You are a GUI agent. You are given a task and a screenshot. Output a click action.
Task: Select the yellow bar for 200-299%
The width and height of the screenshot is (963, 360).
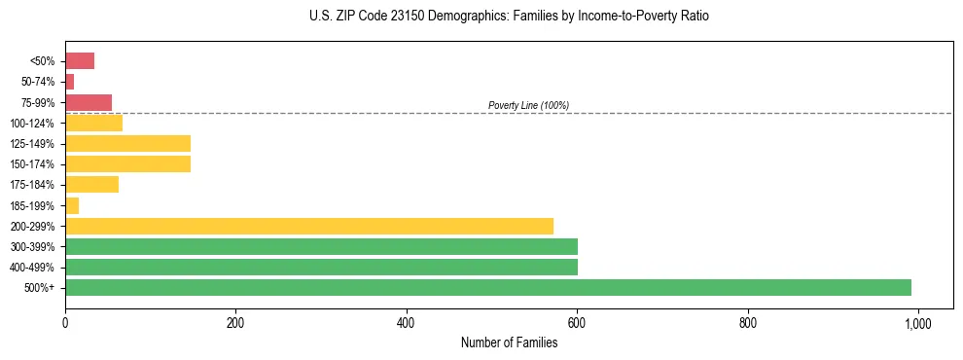309,226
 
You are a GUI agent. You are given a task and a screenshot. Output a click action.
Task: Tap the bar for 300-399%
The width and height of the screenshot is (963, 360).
321,246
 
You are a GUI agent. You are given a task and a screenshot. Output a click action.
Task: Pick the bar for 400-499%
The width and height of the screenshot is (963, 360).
321,267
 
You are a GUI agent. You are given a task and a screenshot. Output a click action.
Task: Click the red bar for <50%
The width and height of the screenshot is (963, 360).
80,61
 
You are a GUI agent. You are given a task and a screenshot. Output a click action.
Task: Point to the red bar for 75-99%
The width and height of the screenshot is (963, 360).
89,102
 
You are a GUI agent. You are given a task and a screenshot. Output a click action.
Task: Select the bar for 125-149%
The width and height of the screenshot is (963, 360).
127,144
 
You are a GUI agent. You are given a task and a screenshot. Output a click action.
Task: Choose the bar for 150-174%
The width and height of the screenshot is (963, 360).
127,164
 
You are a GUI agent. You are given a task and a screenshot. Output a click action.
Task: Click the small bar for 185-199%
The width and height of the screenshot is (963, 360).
72,205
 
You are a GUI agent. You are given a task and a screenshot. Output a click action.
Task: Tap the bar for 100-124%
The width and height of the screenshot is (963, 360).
93,123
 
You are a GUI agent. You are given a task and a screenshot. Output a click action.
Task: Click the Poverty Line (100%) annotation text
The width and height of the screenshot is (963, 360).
528,105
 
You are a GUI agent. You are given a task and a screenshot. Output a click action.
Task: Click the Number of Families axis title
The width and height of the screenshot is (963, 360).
509,342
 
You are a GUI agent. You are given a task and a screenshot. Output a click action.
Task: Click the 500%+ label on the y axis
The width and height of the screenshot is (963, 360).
39,288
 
